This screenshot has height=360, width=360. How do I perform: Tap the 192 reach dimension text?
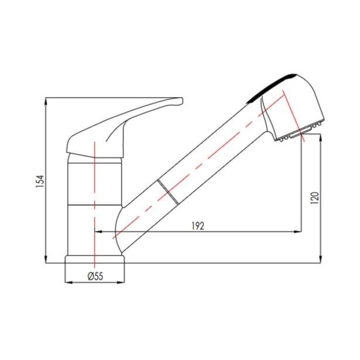pyautogui.click(x=198, y=226)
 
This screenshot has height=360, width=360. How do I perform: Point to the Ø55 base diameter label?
pyautogui.click(x=95, y=276)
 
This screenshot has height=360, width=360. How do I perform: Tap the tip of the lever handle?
pyautogui.click(x=182, y=100)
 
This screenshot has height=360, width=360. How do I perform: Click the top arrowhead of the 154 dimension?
pyautogui.click(x=46, y=101)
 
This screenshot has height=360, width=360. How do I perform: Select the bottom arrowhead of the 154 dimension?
pyautogui.click(x=46, y=260)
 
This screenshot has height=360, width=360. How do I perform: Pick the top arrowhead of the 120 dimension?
pyautogui.click(x=321, y=138)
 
